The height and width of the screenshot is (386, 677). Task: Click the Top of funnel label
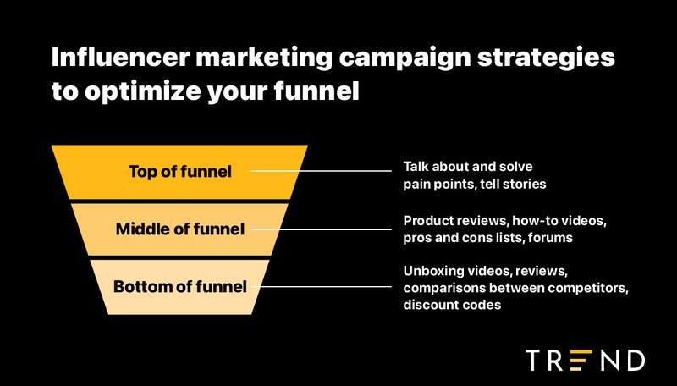[x=179, y=172]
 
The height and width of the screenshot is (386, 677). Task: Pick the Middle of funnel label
[x=179, y=229]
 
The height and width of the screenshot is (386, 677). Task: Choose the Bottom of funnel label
[x=179, y=286]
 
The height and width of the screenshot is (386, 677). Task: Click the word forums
[x=551, y=238]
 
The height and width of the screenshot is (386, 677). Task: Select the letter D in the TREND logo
[x=633, y=360]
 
